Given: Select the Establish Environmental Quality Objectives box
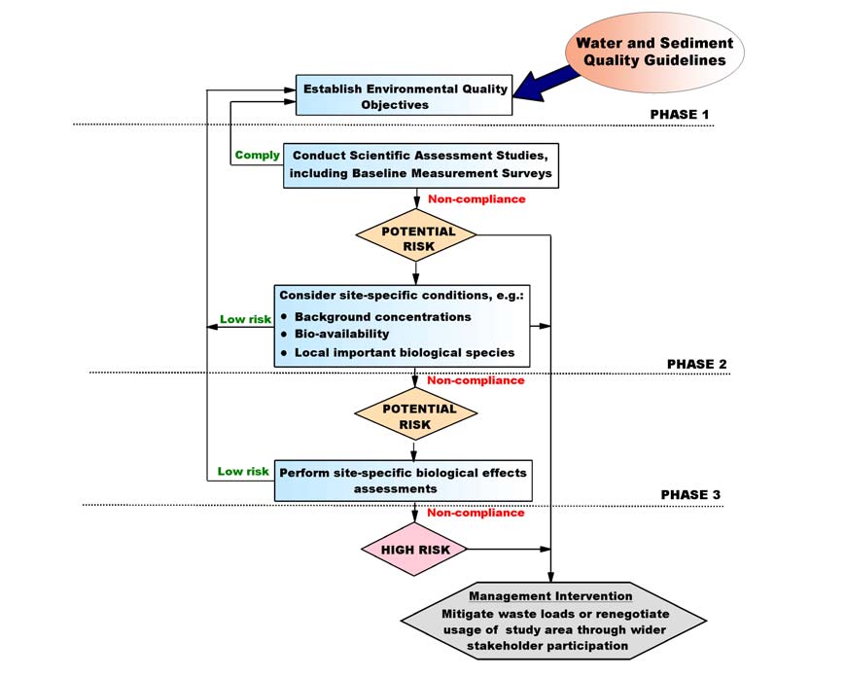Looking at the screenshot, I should (405, 96).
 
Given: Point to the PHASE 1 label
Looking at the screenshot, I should (679, 115).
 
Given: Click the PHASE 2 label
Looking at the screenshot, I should (696, 364).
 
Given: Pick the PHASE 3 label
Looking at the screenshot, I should (690, 494).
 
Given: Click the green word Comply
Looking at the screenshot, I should (258, 155).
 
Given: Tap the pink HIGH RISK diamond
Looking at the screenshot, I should (415, 549).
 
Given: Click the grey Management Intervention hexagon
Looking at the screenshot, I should (550, 620).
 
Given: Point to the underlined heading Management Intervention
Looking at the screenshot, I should (550, 595).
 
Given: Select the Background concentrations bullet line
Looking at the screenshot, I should (382, 316).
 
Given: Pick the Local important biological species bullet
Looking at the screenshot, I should (404, 351).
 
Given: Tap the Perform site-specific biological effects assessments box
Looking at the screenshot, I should (404, 481).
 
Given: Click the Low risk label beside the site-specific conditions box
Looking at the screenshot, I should (245, 319).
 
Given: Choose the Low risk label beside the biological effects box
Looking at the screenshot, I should (243, 472).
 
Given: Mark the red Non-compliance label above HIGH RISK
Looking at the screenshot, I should (476, 513).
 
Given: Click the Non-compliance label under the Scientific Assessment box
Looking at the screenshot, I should (476, 199).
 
